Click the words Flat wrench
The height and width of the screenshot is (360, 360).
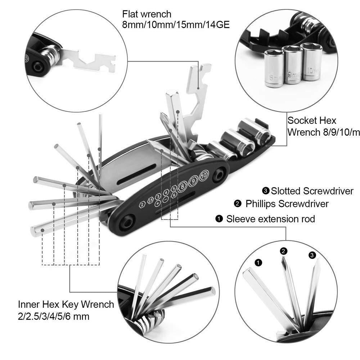(x=147, y=14)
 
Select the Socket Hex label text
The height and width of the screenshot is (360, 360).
(x=312, y=121)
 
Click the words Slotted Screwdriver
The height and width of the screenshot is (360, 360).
(x=312, y=190)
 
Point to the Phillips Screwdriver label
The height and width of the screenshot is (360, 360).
(x=287, y=204)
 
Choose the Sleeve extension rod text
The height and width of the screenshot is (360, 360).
(x=270, y=219)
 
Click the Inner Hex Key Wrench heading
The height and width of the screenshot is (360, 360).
(x=66, y=305)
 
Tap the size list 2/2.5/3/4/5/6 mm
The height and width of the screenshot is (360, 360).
(x=54, y=316)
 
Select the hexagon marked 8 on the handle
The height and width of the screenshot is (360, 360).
(x=183, y=186)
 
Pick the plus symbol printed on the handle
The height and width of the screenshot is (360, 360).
(x=157, y=204)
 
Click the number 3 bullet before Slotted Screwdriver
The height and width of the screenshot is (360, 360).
(x=266, y=190)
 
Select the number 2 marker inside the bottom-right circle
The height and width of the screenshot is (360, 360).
(x=284, y=251)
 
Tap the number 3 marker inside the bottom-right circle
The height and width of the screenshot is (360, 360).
(x=312, y=255)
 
